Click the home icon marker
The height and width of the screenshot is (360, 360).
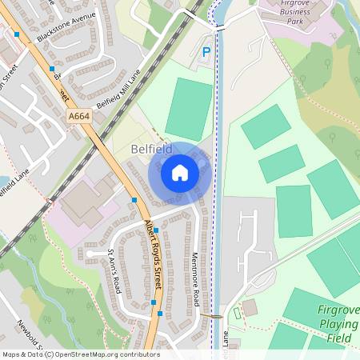[x=180, y=173]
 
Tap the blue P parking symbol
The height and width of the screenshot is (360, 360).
[x=206, y=53]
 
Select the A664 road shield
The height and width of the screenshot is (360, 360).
[x=79, y=117]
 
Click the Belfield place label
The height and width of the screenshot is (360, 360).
[x=153, y=148]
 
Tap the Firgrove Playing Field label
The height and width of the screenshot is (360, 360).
[x=338, y=324]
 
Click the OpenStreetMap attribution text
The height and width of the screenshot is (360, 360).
[x=81, y=354]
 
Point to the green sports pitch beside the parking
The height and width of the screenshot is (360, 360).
[x=189, y=108]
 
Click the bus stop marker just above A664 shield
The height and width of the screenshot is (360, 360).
[x=53, y=69]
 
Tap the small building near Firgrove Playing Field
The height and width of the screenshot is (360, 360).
[x=250, y=307]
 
